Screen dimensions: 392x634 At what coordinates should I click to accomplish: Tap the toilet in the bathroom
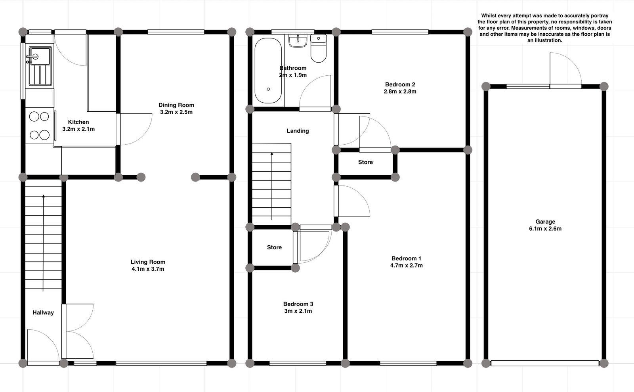pos(319,49)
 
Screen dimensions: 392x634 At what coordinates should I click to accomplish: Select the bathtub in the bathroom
pos(268,71)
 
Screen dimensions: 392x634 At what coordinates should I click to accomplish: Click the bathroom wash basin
pos(298,40)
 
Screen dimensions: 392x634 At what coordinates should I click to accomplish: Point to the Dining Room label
pos(176,105)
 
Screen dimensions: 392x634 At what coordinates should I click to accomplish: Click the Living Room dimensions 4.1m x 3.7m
pos(148,269)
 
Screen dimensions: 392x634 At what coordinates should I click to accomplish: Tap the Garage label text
pos(545,222)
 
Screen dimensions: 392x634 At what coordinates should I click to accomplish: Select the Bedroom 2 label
pos(400,84)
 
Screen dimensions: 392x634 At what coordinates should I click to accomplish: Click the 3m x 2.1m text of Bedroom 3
pos(298,311)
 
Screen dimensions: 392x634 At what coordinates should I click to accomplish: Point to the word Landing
pos(298,131)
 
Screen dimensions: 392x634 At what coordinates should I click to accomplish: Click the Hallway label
pos(43,313)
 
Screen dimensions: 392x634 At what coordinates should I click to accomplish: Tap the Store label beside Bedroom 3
pos(274,247)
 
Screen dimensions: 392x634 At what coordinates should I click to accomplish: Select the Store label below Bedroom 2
pos(365,162)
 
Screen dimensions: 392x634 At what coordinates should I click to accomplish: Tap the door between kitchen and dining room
pos(135,129)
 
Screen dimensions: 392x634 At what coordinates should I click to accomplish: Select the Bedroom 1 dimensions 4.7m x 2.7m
pos(406,266)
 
